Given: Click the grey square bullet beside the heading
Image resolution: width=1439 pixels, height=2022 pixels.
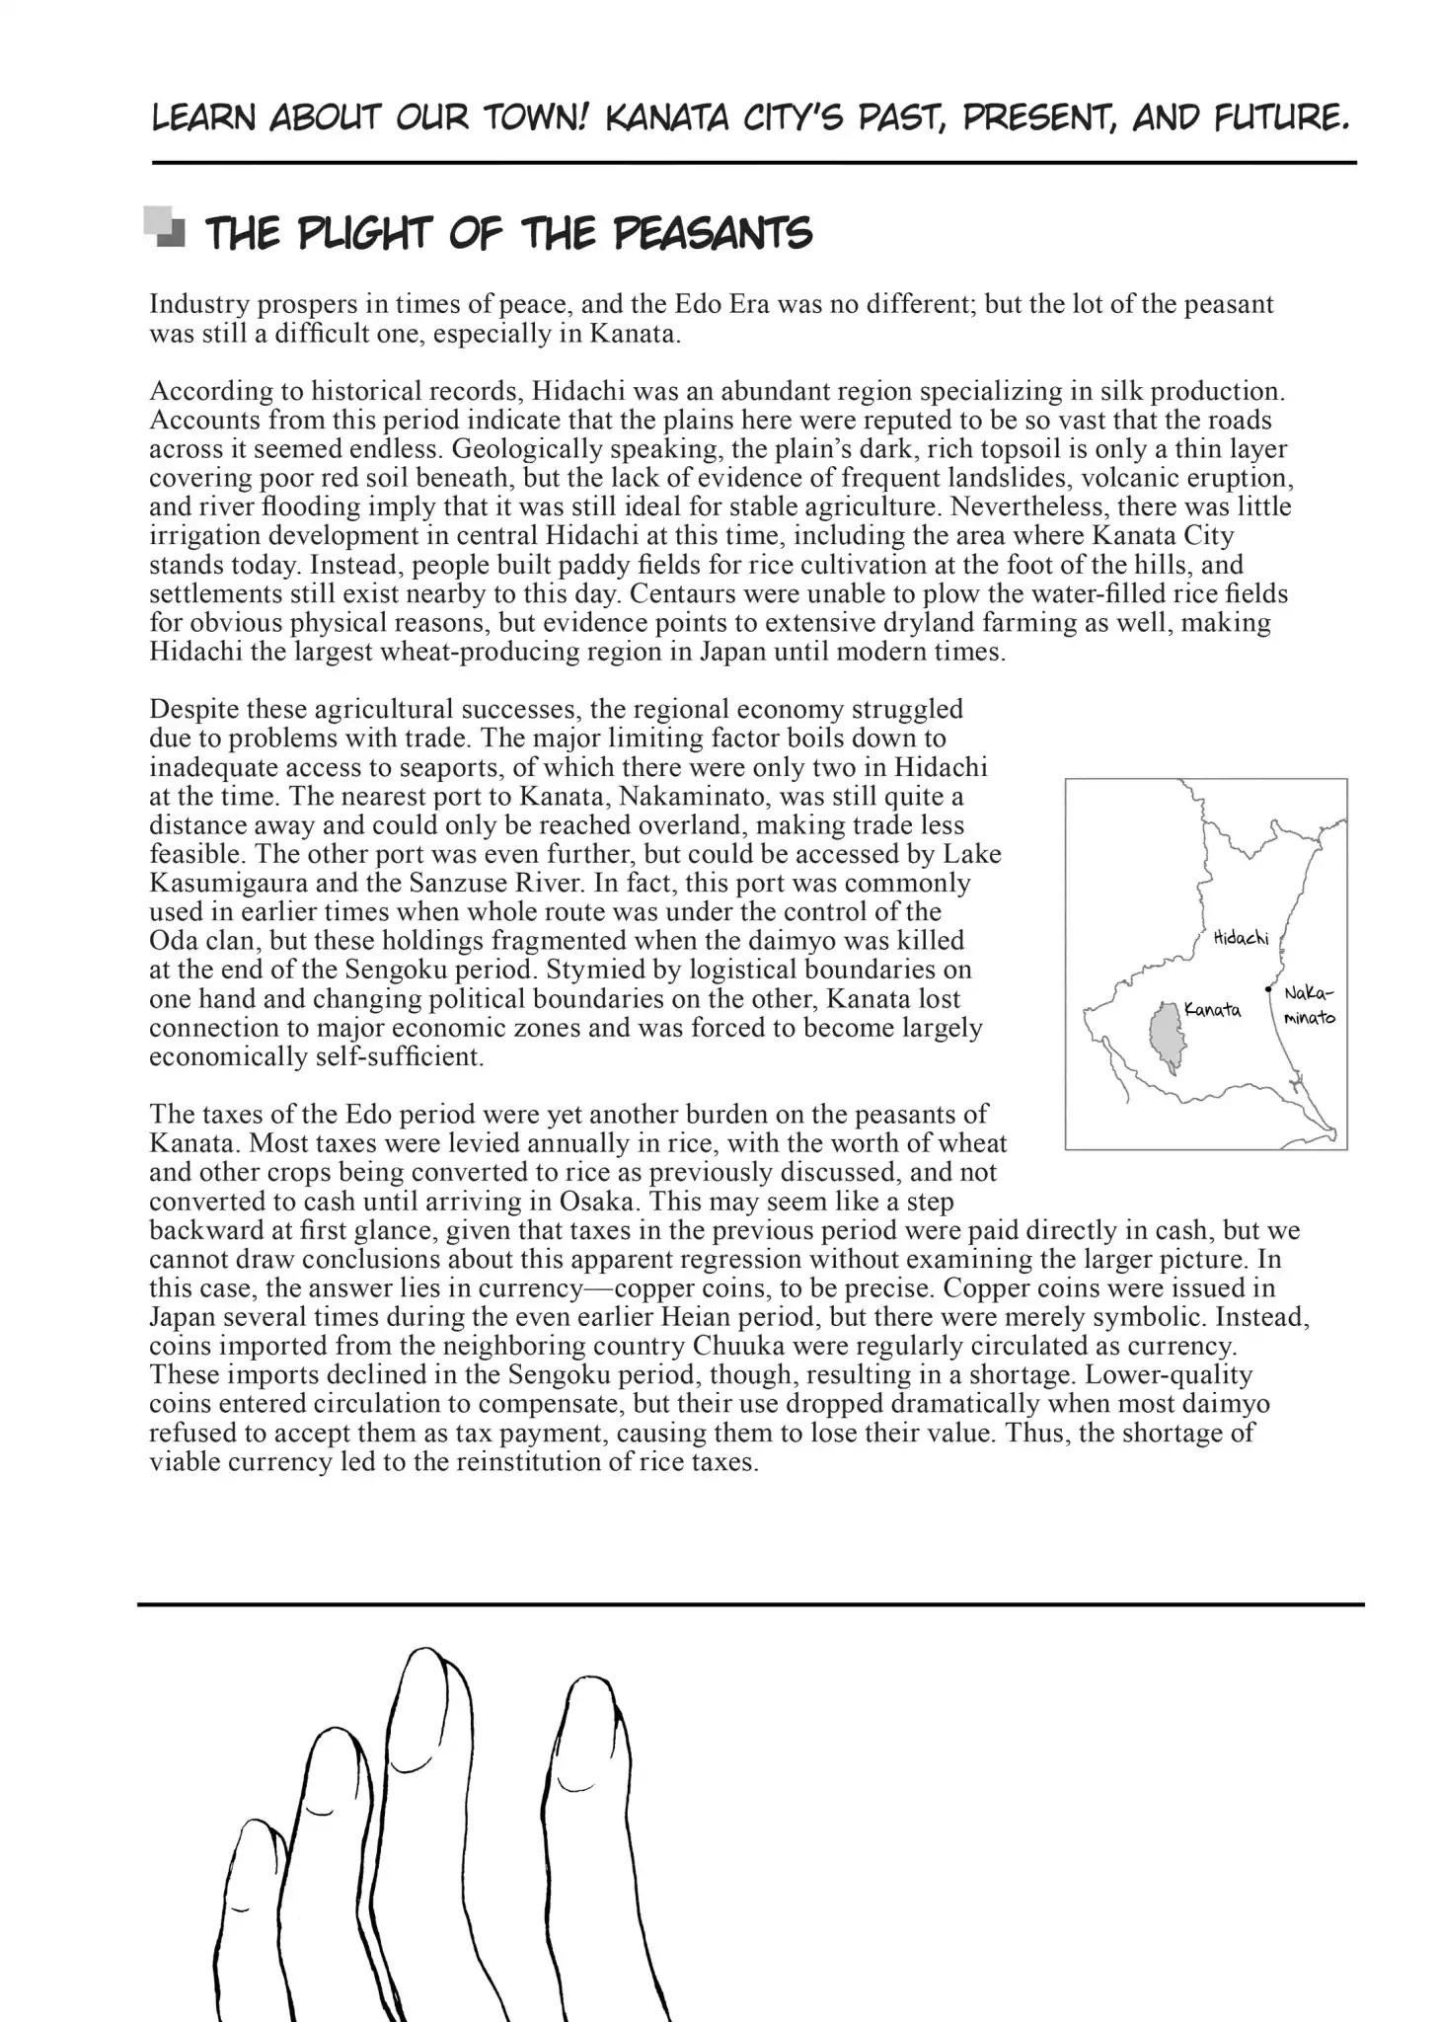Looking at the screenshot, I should click(165, 226).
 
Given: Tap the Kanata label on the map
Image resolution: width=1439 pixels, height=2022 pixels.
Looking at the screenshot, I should click(1212, 1009).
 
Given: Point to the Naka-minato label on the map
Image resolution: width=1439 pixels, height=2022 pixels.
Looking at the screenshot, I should click(1309, 1004).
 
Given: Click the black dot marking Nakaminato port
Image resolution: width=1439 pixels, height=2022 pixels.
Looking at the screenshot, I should click(1268, 987).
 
